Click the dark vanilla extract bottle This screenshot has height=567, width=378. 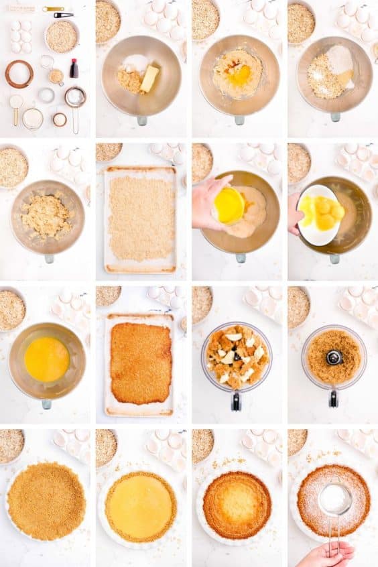[x=74, y=68]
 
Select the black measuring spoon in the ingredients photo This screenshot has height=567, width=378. [x=64, y=15]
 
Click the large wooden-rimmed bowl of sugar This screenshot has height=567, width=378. [x=19, y=74]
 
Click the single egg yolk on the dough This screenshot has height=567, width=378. [x=240, y=74]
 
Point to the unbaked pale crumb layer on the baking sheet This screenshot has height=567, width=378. [x=141, y=218]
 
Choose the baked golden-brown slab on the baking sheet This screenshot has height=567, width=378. [x=141, y=363]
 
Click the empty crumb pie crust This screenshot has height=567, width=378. [x=46, y=501]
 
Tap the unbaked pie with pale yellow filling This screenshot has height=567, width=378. [x=141, y=507]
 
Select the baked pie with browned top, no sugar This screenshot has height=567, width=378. [x=237, y=505]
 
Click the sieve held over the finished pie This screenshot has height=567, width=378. [x=334, y=499]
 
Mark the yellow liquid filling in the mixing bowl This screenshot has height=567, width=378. [x=46, y=359]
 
